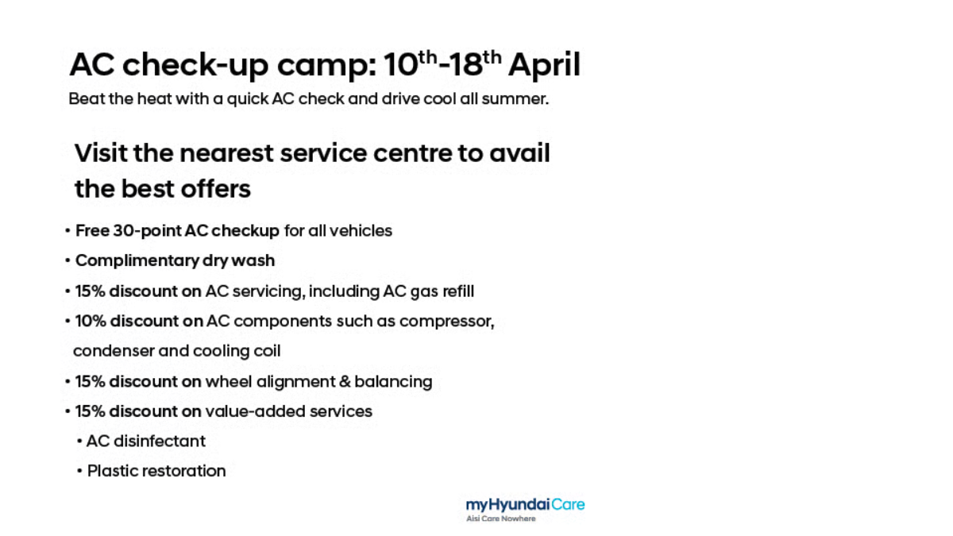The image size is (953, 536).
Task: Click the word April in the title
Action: click(x=544, y=65)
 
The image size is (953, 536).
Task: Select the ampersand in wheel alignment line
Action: click(x=345, y=382)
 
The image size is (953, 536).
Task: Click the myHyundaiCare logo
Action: click(x=525, y=504)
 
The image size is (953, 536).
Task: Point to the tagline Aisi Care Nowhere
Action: click(x=500, y=519)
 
